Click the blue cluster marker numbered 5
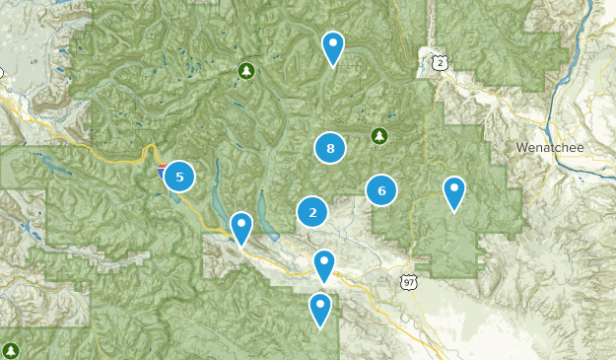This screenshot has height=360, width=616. pyautogui.click(x=178, y=178)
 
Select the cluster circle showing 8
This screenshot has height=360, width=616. pyautogui.click(x=330, y=149)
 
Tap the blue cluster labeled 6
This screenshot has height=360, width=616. pyautogui.click(x=380, y=189)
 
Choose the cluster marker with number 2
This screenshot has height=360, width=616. pyautogui.click(x=312, y=211)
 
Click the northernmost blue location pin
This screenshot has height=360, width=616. pyautogui.click(x=333, y=45)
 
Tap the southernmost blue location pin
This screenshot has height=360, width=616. pyautogui.click(x=320, y=307)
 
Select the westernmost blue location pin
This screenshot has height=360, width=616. pyautogui.click(x=241, y=226)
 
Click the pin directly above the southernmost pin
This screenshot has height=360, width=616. pyautogui.click(x=324, y=263)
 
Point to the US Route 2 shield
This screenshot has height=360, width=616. pyautogui.click(x=439, y=62)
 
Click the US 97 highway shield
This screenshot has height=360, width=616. pyautogui.click(x=409, y=282)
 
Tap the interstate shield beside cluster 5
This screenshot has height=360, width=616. pyautogui.click(x=162, y=171)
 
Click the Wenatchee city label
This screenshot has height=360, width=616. pyautogui.click(x=550, y=148)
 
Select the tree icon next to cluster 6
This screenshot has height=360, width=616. pyautogui.click(x=378, y=135)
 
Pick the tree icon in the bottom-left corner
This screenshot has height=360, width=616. pyautogui.click(x=11, y=350)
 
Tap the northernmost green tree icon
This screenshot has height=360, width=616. pyautogui.click(x=246, y=70)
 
